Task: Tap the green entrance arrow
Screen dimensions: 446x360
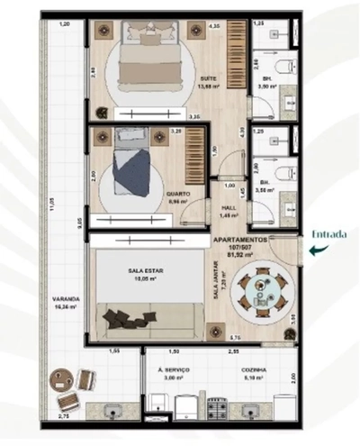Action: point(313,251)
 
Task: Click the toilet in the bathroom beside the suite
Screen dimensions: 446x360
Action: point(283,66)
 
